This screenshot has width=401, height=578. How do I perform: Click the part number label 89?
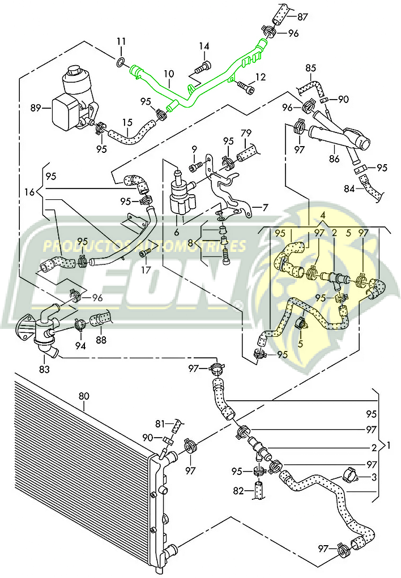tap(36, 106)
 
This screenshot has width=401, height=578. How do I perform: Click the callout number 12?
tap(260, 76)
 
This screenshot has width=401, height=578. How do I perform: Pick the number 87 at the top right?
tap(303, 16)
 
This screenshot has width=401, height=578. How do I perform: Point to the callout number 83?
tap(44, 369)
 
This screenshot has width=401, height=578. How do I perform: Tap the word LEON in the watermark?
tap(136, 283)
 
